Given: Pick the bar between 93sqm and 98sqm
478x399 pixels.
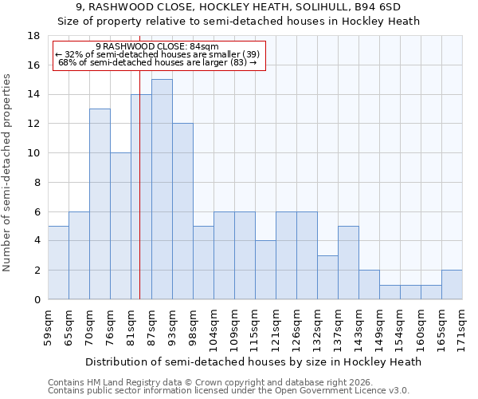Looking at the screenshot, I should (182, 211).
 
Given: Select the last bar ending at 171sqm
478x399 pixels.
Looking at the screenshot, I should (452, 285).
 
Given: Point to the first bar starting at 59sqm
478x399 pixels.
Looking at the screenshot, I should (58, 263).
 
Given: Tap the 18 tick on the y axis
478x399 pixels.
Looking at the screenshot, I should (33, 36).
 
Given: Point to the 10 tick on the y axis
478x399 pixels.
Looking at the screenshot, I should (33, 153).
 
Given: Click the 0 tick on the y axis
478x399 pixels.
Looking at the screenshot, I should (37, 300).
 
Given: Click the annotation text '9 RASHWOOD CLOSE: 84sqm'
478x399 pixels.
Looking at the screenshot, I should (157, 46).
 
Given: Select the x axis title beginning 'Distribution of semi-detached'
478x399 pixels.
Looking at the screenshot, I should (253, 361).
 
